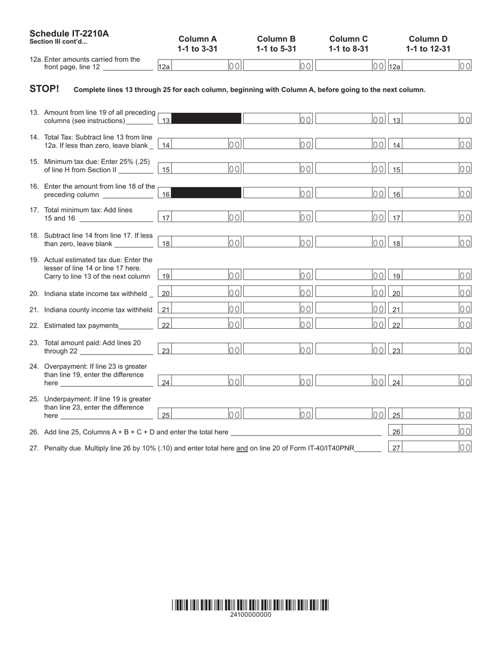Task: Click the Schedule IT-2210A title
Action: [69, 34]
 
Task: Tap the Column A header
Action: [198, 39]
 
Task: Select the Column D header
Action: [428, 39]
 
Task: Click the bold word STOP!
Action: [44, 89]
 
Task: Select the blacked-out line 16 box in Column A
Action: [207, 194]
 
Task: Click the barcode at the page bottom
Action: [250, 605]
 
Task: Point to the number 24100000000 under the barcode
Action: [250, 615]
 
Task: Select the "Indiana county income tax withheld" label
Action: [98, 310]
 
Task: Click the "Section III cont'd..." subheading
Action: [59, 42]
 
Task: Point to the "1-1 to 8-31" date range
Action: [349, 49]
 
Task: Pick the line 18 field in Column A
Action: [200, 243]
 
